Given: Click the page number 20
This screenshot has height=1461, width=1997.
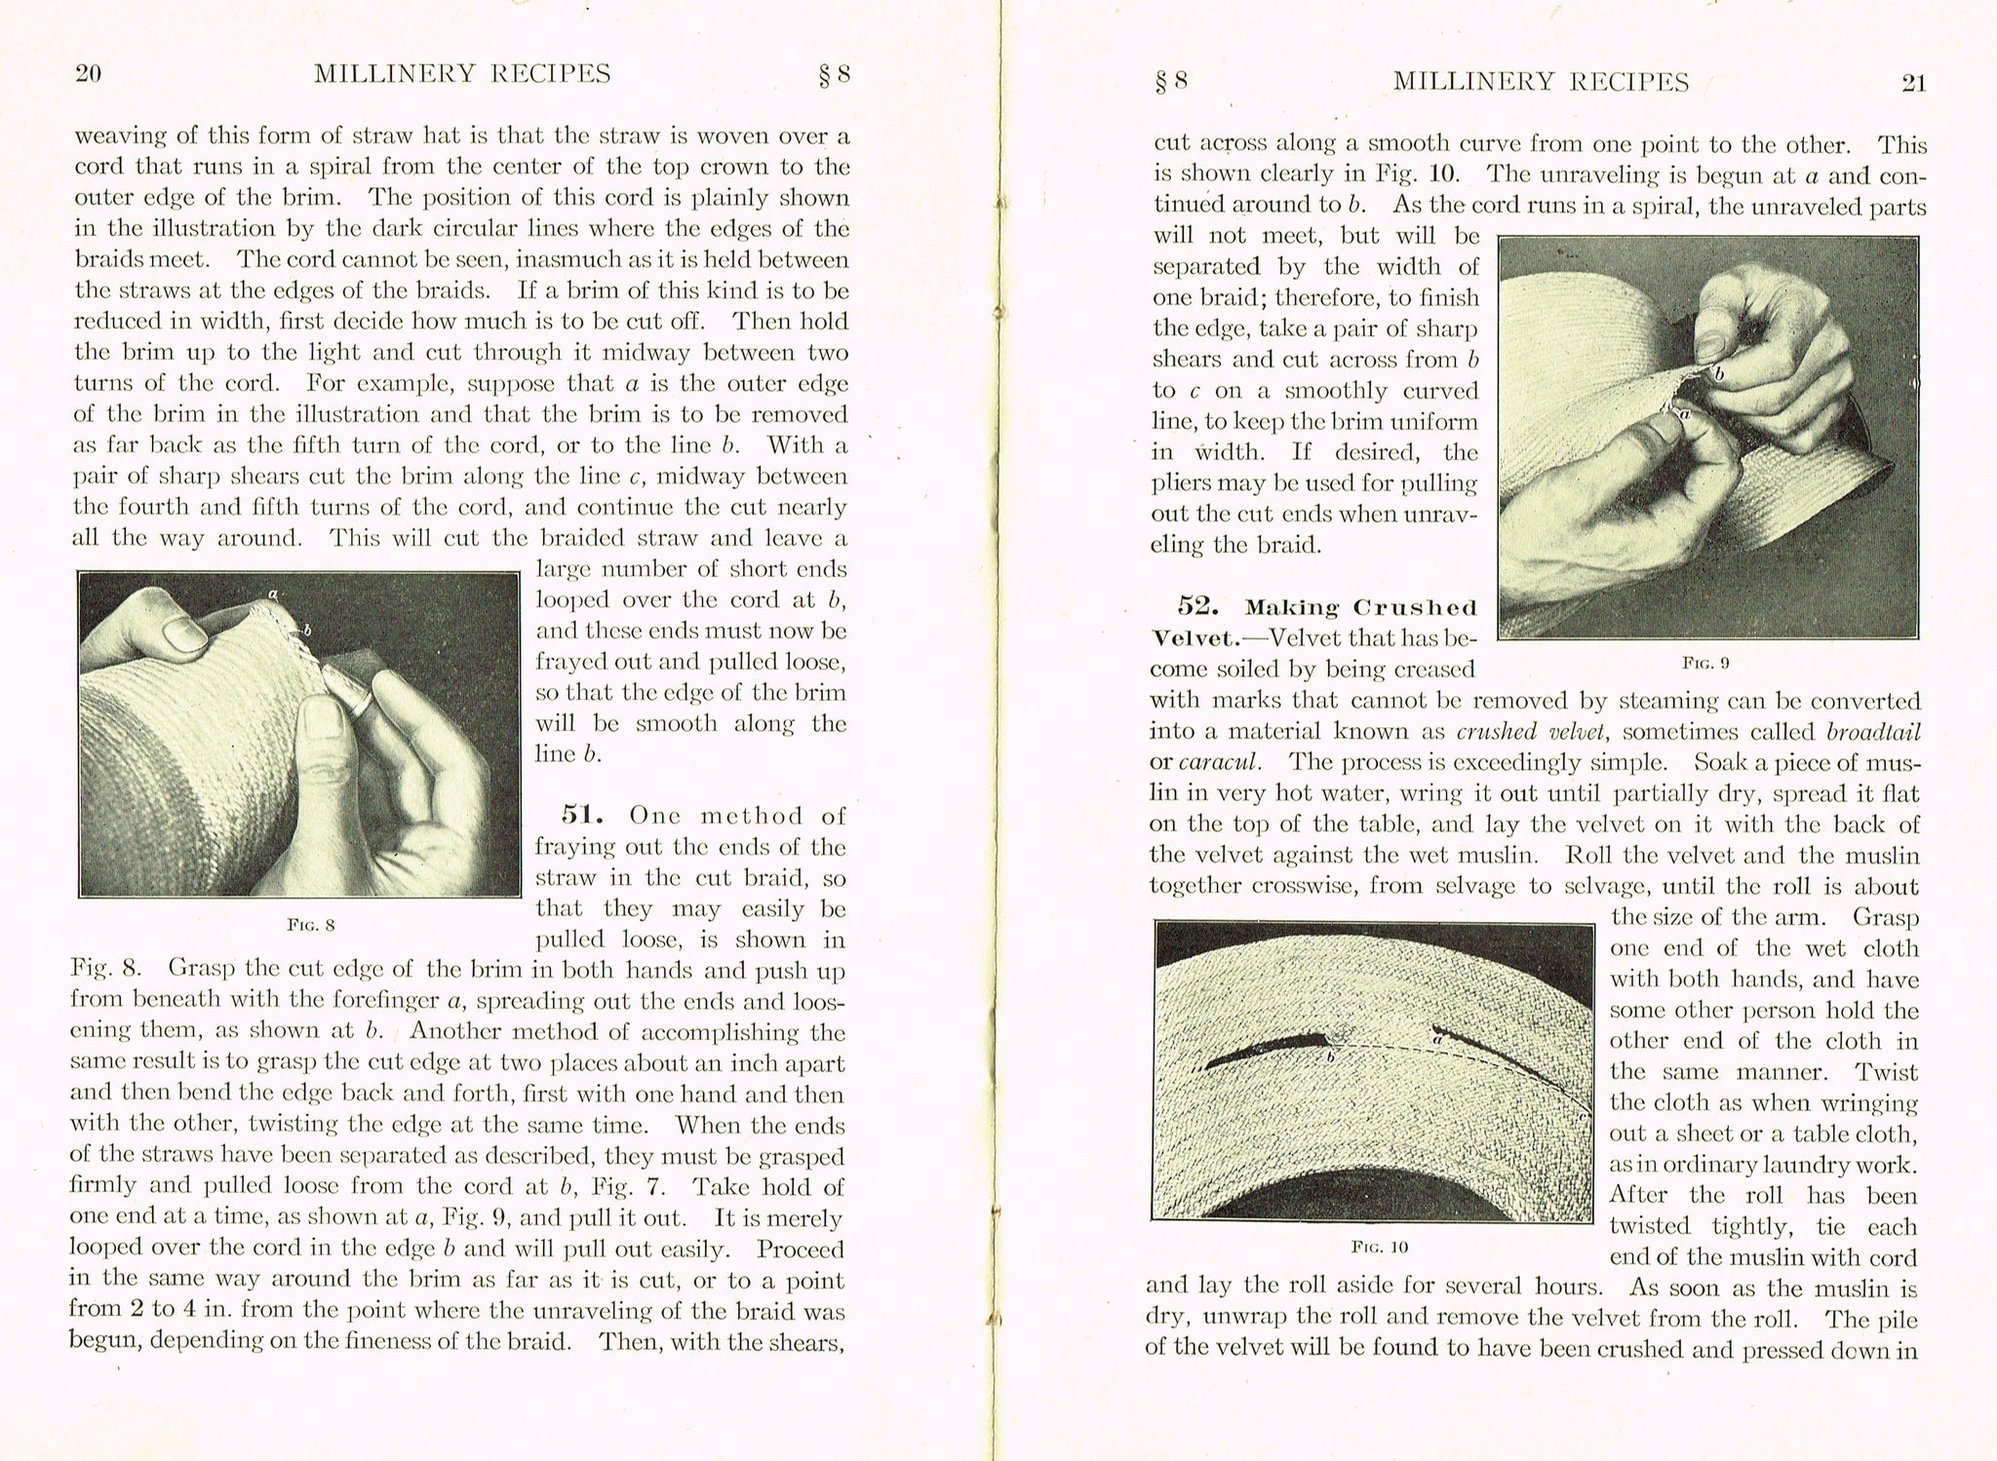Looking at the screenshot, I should tap(89, 75).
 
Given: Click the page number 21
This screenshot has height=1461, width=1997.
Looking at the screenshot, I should tap(1913, 84).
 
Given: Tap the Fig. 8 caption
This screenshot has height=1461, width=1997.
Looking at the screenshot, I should tap(311, 925).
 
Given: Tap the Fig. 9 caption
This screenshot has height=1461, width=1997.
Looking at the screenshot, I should tap(1705, 663).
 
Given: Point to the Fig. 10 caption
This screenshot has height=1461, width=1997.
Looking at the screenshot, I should tap(1380, 1247).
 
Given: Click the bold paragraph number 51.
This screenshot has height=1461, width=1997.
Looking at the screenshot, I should tap(583, 815).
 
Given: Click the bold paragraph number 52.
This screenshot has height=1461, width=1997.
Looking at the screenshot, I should tap(1199, 607).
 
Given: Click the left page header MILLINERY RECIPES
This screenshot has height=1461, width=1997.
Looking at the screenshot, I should tap(462, 74).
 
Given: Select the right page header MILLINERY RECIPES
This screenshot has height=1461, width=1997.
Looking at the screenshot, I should tap(1541, 82).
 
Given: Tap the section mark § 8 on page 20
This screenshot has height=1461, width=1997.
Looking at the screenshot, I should tap(835, 75).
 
